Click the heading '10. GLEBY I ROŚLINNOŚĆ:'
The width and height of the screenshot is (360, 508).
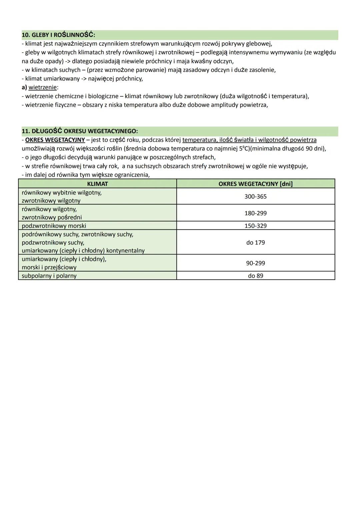[58, 35]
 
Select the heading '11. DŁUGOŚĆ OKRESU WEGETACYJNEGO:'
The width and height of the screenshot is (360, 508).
[80, 131]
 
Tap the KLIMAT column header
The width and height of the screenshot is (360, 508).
[97, 184]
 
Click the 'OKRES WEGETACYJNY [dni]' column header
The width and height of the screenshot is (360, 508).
[255, 184]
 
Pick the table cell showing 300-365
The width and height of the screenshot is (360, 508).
[255, 197]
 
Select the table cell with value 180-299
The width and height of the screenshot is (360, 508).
[255, 213]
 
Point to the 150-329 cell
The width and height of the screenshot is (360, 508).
[255, 226]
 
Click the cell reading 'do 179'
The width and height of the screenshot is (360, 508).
[255, 243]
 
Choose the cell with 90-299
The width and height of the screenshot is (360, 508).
[255, 263]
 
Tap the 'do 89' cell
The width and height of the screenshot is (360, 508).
[255, 276]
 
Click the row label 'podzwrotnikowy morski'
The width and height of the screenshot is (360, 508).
[54, 226]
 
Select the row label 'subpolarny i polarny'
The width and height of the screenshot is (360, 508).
[49, 276]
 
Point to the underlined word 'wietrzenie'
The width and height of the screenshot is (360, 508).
[43, 88]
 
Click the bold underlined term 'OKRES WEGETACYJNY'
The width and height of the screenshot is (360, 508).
[55, 140]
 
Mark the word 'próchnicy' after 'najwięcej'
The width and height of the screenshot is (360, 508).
[129, 79]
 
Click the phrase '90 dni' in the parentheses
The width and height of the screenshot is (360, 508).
[313, 149]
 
